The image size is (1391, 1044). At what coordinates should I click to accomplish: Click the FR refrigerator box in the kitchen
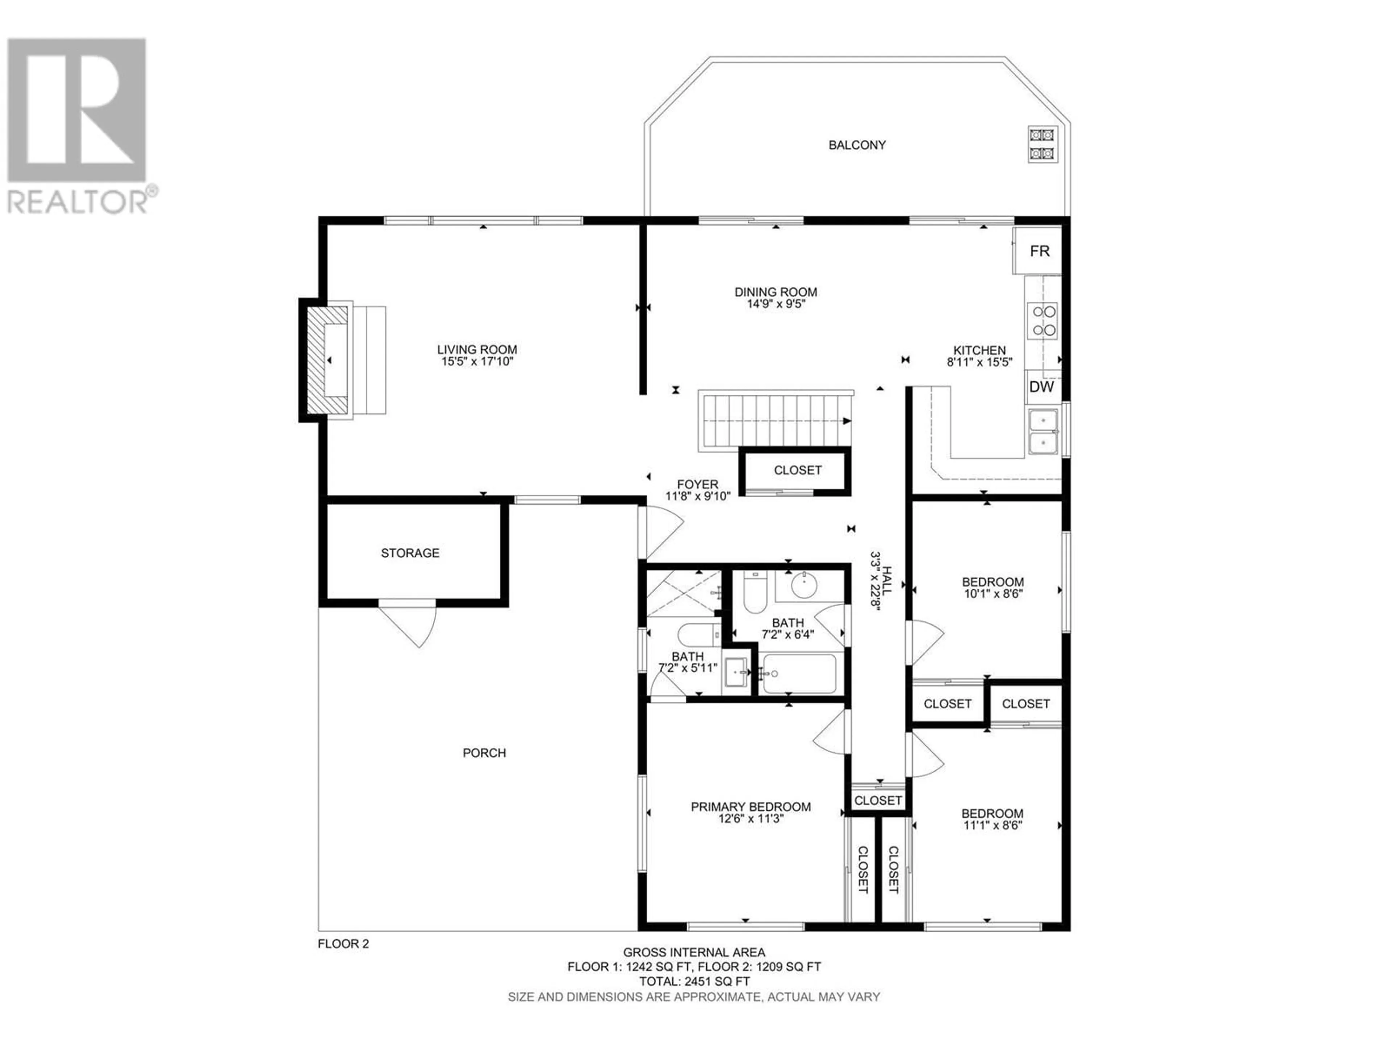click(1037, 250)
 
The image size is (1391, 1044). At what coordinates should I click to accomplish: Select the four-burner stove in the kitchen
click(1042, 320)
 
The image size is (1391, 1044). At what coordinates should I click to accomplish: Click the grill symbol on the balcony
click(1043, 144)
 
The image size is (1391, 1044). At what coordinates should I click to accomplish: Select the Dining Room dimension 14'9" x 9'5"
click(776, 304)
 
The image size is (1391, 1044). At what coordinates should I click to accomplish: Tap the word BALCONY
click(857, 145)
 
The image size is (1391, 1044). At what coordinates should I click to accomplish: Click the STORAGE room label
click(410, 553)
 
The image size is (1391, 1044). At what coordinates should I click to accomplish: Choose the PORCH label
click(484, 753)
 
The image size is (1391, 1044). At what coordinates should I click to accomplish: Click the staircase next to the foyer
click(775, 420)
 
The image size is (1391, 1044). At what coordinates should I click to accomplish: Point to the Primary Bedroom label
click(751, 807)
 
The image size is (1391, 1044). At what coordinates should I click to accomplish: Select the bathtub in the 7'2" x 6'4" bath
click(797, 674)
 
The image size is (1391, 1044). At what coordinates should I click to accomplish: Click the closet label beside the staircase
click(797, 470)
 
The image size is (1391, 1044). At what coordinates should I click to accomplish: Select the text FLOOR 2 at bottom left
click(343, 962)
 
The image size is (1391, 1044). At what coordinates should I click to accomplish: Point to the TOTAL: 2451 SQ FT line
click(694, 999)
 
